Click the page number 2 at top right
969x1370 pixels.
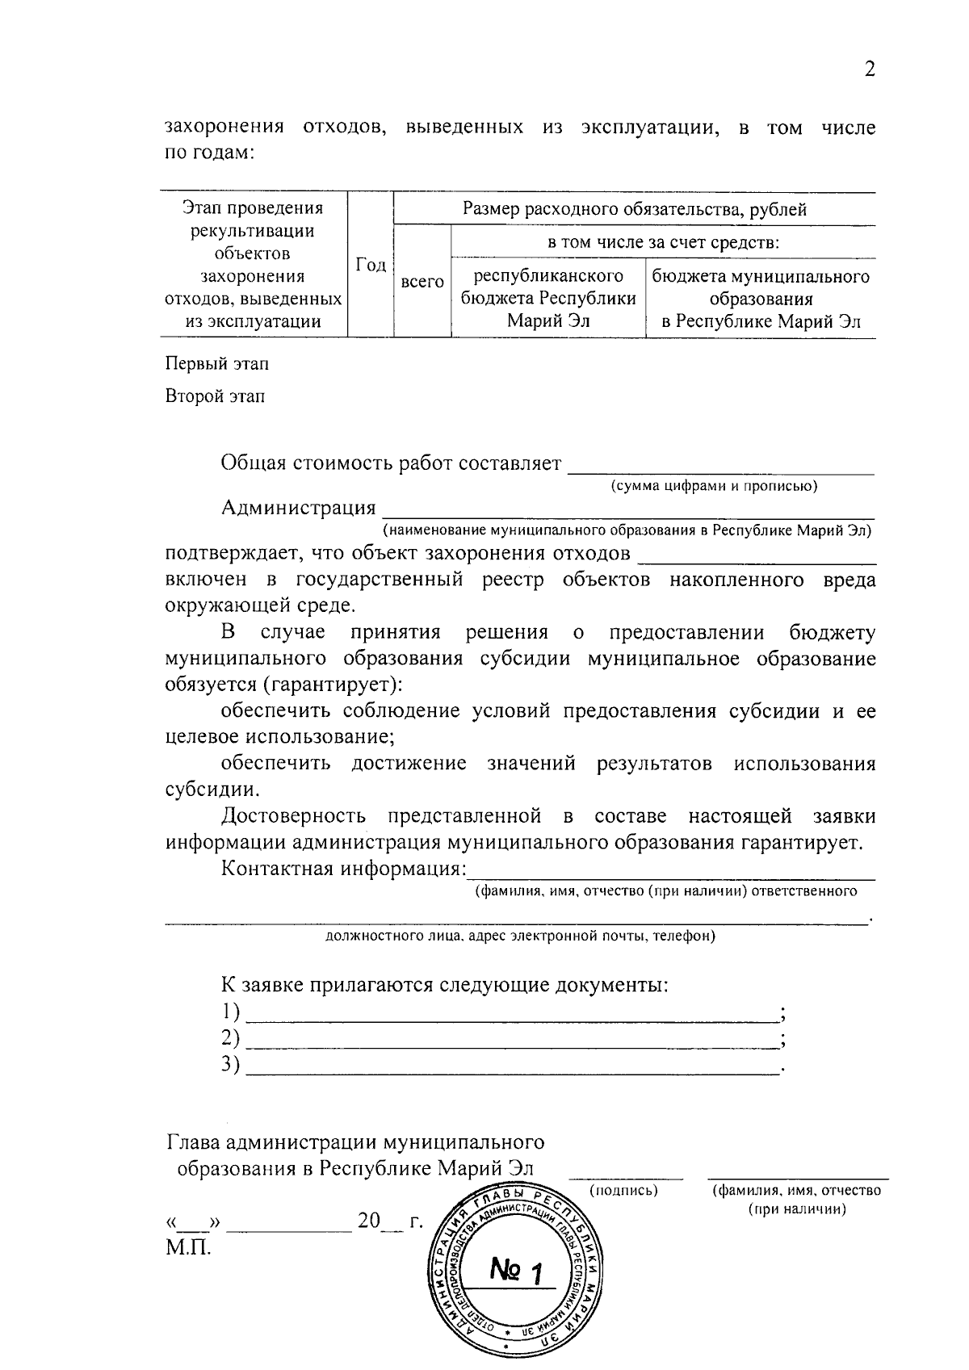(870, 69)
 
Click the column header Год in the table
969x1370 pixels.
(371, 265)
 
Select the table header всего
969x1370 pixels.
(422, 282)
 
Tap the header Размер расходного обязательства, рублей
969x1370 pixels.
(635, 210)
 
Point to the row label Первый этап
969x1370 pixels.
(217, 364)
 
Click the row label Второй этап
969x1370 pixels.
(215, 396)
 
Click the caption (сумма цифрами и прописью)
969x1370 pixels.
(714, 486)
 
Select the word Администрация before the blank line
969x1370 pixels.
(299, 508)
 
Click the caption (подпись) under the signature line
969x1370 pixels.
(623, 1190)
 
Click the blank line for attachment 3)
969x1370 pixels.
(512, 1067)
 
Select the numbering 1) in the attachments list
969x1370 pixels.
(231, 1012)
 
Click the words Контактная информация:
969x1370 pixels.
(344, 869)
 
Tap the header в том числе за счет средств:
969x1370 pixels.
(663, 242)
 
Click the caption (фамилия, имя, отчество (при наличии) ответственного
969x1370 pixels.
(665, 891)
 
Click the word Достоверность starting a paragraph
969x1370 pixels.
(294, 816)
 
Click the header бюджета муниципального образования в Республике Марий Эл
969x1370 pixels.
(761, 299)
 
